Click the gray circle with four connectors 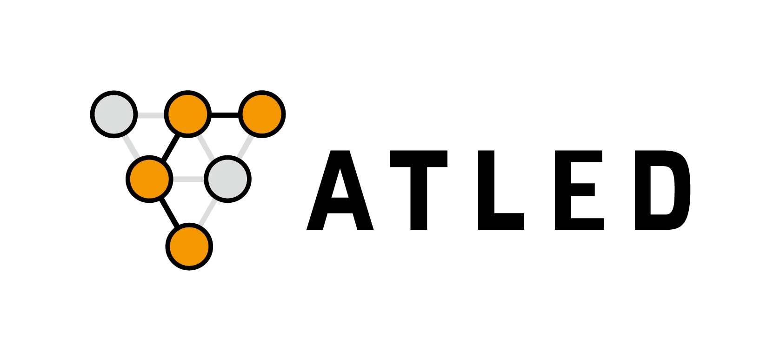point(227,179)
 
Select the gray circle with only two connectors point(114,114)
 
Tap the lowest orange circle point(189,247)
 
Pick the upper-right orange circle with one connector point(262,114)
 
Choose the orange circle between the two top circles point(188,114)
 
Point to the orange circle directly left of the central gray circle point(149,179)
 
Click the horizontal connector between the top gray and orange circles point(151,115)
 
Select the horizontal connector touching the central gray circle point(188,179)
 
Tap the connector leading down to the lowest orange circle point(208,213)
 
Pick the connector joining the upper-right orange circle point(245,147)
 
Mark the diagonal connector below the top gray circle point(131,147)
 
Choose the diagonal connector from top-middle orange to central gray point(206,148)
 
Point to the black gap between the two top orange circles point(225,114)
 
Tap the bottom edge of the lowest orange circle point(189,265)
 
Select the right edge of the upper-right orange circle point(280,114)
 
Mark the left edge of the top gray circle point(96,114)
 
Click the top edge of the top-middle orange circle point(188,96)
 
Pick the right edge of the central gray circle point(246,179)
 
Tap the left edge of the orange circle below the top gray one point(132,179)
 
